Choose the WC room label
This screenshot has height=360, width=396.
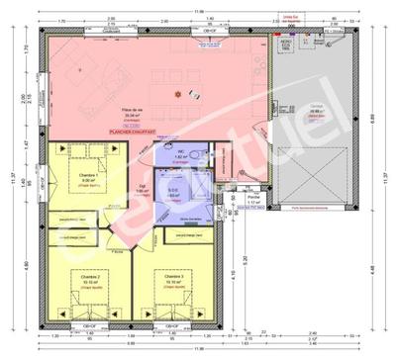click(x=181, y=153)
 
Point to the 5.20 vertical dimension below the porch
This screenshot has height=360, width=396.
click(x=246, y=265)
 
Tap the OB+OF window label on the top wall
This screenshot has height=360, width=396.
click(x=210, y=32)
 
